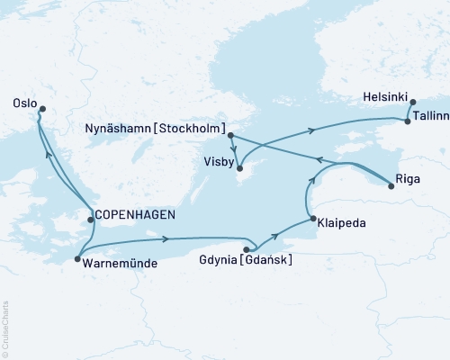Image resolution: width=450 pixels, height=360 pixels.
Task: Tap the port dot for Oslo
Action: click(41, 109)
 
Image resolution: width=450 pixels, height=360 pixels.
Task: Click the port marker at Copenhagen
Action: click(89, 219)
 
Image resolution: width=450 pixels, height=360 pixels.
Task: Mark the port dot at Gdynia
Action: click(247, 249)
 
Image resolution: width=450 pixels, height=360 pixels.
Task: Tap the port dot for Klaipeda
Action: click(311, 219)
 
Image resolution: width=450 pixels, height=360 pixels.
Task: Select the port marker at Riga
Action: click(391, 185)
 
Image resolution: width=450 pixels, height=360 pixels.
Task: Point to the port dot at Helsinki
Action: click(412, 103)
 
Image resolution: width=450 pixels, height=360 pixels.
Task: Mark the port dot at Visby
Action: click(239, 166)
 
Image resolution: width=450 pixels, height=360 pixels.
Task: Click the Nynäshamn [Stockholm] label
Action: click(155, 129)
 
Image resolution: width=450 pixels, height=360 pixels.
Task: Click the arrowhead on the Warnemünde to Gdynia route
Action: click(167, 238)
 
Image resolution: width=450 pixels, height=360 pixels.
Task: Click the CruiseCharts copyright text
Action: click(4, 328)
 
